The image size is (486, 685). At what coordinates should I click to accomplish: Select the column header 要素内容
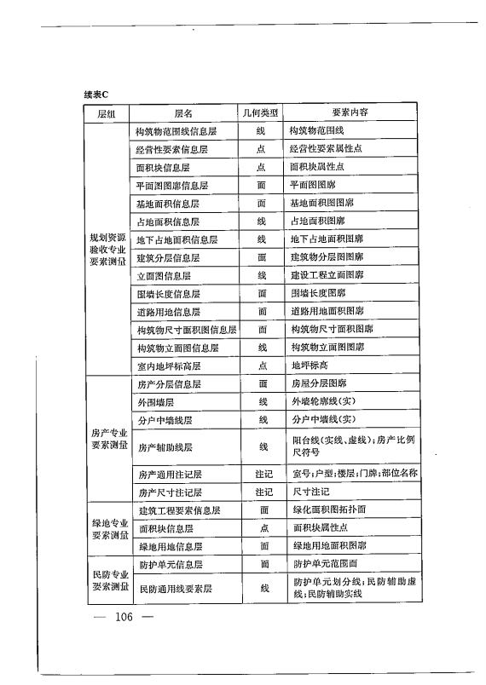coord(350,112)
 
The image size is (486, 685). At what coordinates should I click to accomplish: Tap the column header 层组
coord(107,112)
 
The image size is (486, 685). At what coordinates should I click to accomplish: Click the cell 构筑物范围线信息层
coord(176,130)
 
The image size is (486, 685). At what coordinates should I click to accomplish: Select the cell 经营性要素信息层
coord(172,148)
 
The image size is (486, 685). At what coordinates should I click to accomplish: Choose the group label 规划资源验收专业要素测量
coord(108,248)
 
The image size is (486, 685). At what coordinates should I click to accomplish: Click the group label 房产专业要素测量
coord(108,438)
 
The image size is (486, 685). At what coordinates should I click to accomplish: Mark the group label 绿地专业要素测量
coord(108,528)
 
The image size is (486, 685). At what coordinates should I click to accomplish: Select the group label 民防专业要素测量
coord(108,580)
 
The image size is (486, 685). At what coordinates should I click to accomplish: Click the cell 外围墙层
coord(155,401)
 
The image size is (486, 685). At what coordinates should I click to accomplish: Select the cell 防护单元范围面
coord(327,564)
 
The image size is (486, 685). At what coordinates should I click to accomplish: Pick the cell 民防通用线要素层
coord(174,588)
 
